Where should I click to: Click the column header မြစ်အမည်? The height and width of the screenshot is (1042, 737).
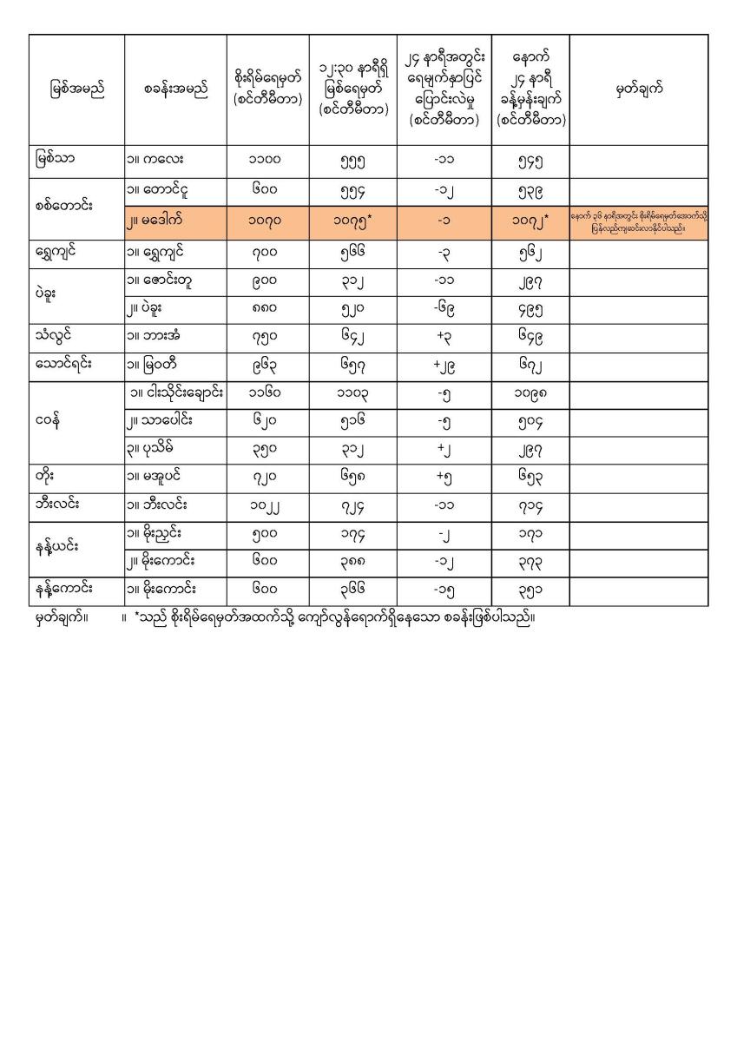coord(76,89)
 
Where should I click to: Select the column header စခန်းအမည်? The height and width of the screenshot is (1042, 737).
coord(175,89)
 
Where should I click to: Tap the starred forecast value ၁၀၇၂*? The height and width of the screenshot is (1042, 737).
coord(530,222)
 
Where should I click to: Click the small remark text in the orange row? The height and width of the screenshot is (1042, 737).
coord(638,222)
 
